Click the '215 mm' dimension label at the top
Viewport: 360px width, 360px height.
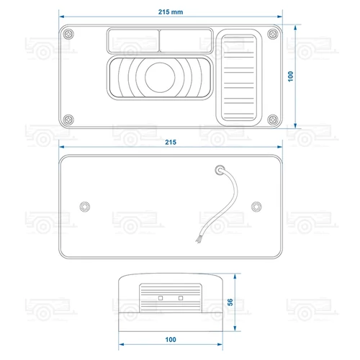tap(171, 12)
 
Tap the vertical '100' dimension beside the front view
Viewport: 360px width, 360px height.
tap(291, 76)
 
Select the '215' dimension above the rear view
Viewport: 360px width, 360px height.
tap(171, 142)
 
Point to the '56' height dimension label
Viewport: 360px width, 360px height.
tap(230, 302)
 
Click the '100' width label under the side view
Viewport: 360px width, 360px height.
tap(171, 339)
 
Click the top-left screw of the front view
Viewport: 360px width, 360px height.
tap(68, 34)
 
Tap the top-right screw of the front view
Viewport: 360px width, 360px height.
tap(273, 34)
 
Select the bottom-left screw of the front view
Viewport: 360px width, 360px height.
tap(68, 120)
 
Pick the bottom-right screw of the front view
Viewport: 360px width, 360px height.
tap(273, 120)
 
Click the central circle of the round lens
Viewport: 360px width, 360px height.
tap(160, 77)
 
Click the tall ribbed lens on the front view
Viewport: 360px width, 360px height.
tap(239, 78)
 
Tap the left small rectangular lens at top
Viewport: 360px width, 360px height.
tap(133, 41)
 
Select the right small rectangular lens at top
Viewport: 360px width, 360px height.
tap(186, 41)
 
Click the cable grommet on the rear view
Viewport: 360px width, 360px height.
tap(220, 170)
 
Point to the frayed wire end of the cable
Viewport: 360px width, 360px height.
tap(198, 239)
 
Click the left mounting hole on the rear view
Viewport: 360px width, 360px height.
tap(85, 207)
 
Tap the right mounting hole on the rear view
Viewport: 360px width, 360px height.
tap(256, 207)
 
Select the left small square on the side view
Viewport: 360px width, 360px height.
tap(161, 298)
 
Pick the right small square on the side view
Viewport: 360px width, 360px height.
tap(181, 298)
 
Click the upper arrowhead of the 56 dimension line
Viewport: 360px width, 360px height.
tap(235, 276)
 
